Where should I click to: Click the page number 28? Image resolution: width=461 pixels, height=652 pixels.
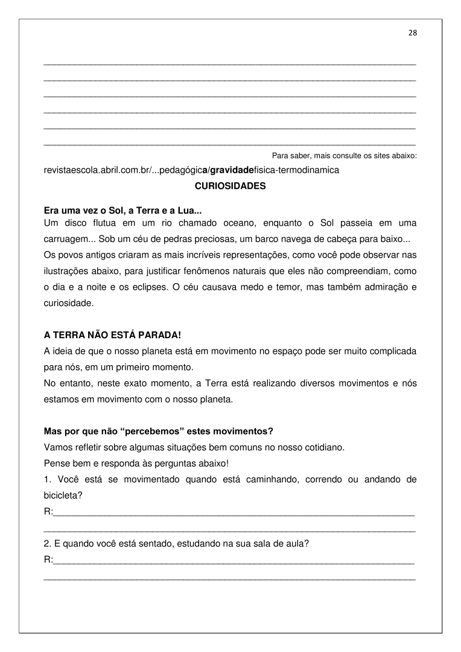pyautogui.click(x=413, y=33)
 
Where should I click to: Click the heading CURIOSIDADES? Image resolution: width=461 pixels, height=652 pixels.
pyautogui.click(x=230, y=187)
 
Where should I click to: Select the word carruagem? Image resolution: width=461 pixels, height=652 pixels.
pyautogui.click(x=65, y=238)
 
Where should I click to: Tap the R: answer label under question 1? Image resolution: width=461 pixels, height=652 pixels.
pyautogui.click(x=49, y=512)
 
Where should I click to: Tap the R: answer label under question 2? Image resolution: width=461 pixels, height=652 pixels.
pyautogui.click(x=49, y=560)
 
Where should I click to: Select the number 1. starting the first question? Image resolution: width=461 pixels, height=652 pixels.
pyautogui.click(x=48, y=480)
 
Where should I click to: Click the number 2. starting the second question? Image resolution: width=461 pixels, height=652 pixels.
pyautogui.click(x=48, y=543)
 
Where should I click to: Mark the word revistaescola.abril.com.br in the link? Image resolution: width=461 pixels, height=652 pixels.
pyautogui.click(x=97, y=170)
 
